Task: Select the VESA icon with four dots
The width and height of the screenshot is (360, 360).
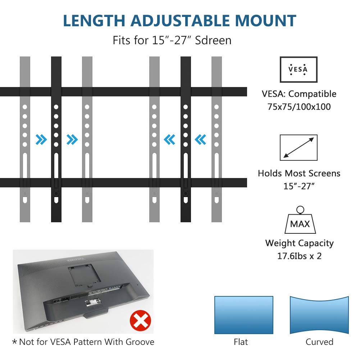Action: pyautogui.click(x=299, y=69)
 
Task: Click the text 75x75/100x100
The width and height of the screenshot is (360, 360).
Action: pyautogui.click(x=299, y=107)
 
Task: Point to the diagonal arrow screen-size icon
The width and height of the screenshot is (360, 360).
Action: pyautogui.click(x=299, y=147)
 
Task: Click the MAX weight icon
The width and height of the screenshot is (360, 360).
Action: pyautogui.click(x=300, y=221)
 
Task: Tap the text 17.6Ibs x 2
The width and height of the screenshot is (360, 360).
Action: pyautogui.click(x=299, y=256)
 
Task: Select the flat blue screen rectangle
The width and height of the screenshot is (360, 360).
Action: pyautogui.click(x=243, y=315)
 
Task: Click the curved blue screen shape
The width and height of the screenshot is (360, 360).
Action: pyautogui.click(x=319, y=315)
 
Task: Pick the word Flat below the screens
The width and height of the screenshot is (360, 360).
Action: pyautogui.click(x=241, y=342)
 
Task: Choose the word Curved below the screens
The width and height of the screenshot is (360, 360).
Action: pyautogui.click(x=319, y=342)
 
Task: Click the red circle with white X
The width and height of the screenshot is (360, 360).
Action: pyautogui.click(x=140, y=321)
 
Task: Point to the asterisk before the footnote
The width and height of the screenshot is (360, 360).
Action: pyautogui.click(x=14, y=342)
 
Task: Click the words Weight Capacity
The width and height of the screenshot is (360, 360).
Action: pyautogui.click(x=299, y=243)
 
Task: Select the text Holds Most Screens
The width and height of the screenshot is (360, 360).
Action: pyautogui.click(x=299, y=173)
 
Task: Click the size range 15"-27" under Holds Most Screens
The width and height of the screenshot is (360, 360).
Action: pyautogui.click(x=299, y=186)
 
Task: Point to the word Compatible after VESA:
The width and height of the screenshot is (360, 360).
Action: pyautogui.click(x=312, y=94)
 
